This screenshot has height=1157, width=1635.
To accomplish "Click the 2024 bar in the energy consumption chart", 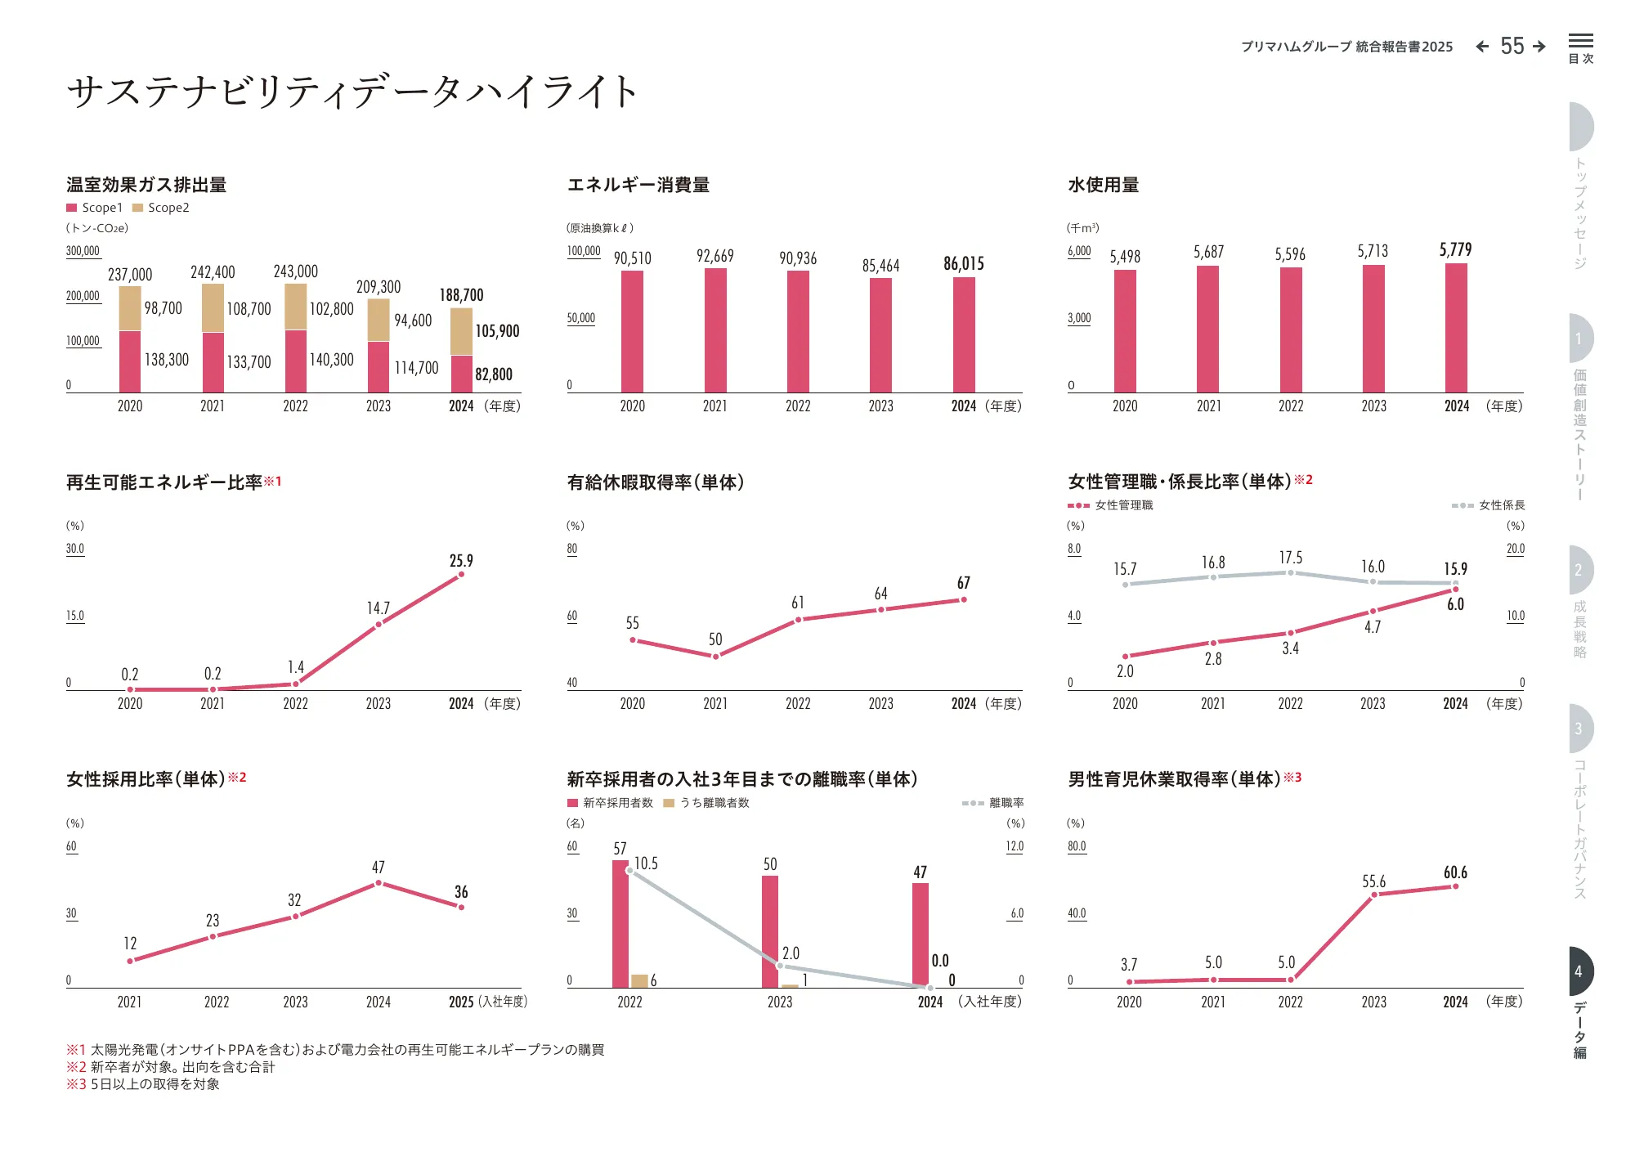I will point(964,335).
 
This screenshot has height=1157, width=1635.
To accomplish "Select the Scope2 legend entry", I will point(161,208).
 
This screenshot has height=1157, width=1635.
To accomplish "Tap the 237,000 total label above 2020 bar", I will point(130,275).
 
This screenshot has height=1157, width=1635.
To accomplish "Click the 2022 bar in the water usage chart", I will point(1291,330).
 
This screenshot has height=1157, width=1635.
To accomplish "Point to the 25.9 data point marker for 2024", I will point(461,574).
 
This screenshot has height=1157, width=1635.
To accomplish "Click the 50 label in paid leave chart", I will point(715,639).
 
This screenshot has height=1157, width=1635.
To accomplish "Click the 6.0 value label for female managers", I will point(1455,604).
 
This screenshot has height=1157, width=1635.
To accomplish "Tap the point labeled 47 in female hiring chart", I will point(379,883).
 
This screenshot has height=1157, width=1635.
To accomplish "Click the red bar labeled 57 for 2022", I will point(620,924).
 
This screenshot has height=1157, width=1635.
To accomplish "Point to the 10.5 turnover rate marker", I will point(629,870).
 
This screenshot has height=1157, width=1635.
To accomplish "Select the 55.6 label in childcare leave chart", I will point(1373,881).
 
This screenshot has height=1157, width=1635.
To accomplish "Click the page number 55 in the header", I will point(1512,47).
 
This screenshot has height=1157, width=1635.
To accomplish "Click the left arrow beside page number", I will point(1482,47).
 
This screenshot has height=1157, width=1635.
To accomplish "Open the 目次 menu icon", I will point(1580,47).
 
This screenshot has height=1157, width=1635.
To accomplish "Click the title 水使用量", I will point(1103,185).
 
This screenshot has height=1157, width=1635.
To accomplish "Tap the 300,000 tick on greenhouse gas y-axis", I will point(83,251).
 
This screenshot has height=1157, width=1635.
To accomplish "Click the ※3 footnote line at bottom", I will point(143,1084).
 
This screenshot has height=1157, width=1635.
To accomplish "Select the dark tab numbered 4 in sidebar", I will point(1580,971).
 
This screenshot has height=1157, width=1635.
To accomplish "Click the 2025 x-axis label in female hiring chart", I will point(461,1002).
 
